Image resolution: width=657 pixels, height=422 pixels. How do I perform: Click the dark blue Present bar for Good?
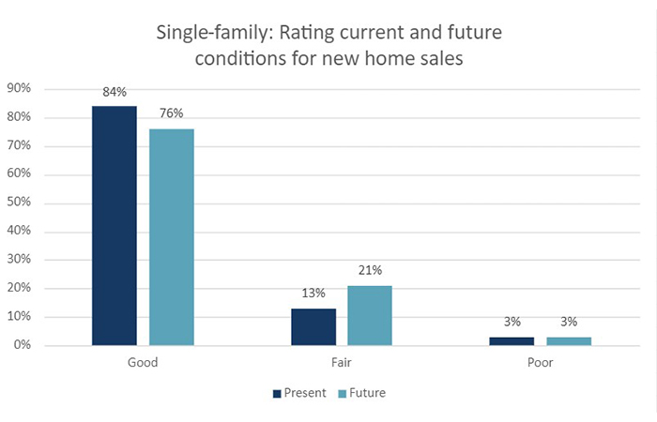point(115,225)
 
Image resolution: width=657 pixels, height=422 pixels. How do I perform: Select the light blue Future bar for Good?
point(172,236)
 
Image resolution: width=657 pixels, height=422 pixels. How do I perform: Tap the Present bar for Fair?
point(313,326)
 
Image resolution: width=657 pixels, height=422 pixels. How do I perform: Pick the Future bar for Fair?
point(370,315)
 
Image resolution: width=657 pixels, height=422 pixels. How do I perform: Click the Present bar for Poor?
point(512,340)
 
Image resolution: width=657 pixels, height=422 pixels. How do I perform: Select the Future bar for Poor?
point(569,340)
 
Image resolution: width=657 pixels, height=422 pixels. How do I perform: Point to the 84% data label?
point(115,92)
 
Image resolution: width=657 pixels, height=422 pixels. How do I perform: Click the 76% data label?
point(172,114)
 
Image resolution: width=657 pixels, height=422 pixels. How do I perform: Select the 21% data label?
point(370,271)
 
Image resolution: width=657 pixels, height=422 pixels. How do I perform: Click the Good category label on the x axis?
point(143,362)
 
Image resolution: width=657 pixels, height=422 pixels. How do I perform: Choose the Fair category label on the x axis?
point(342,362)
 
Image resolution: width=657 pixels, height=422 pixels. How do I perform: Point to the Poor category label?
point(540,362)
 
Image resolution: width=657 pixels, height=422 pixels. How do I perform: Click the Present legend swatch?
point(277,393)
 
